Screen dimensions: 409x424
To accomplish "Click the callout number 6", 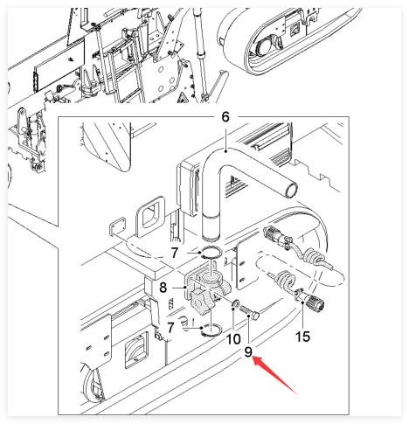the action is click(x=225, y=117).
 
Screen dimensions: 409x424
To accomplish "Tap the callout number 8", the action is click(x=163, y=288).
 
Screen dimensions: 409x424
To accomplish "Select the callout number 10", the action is click(x=233, y=339).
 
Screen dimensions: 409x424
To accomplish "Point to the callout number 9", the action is click(x=248, y=352).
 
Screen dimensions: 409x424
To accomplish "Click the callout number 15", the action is click(x=302, y=337).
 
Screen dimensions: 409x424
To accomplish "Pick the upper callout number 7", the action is click(x=174, y=253).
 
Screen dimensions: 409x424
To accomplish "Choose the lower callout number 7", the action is click(x=170, y=327).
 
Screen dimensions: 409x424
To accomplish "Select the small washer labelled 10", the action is click(x=235, y=304).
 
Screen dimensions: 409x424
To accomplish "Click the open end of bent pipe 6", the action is click(x=291, y=190).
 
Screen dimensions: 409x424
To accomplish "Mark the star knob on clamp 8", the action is click(x=201, y=302).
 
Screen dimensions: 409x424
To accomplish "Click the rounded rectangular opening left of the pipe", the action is click(x=151, y=216).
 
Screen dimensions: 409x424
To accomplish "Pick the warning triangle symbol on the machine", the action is click(x=183, y=98).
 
